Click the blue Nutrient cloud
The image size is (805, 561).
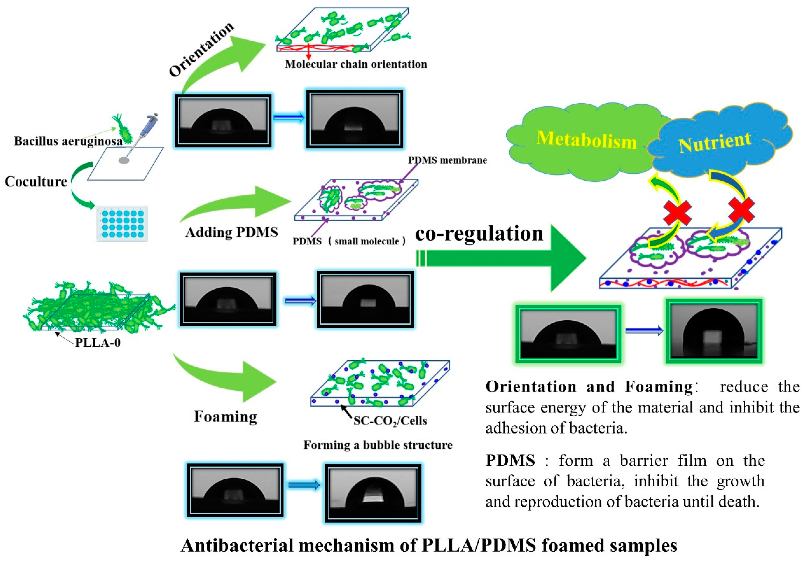[x=715, y=142]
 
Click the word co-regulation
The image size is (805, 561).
[x=479, y=234]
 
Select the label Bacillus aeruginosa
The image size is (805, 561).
[x=68, y=141]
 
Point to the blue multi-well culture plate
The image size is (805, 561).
[x=122, y=224]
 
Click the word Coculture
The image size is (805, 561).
[x=36, y=182]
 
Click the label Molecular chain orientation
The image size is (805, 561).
[x=356, y=64]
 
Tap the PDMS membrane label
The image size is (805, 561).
[x=447, y=160]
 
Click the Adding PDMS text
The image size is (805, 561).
[x=231, y=232]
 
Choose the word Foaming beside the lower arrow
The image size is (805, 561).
[x=226, y=416]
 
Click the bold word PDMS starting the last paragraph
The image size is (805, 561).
[x=510, y=460]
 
